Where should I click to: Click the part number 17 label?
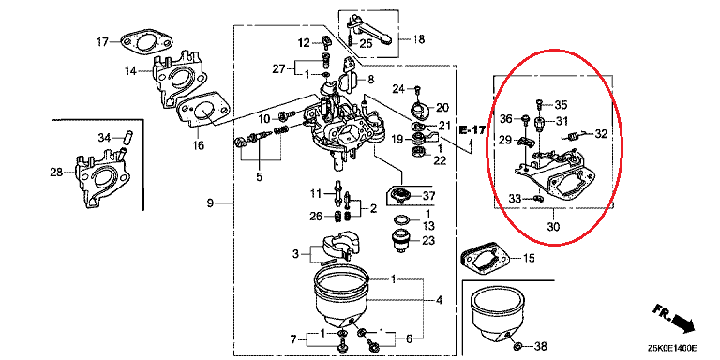tap(103, 40)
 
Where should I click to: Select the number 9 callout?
tap(209, 202)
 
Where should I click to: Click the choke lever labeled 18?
tap(366, 25)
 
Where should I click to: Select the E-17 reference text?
tap(475, 131)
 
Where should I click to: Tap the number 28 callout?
tap(56, 172)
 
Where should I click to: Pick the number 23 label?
tap(428, 241)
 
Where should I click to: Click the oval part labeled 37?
tap(401, 196)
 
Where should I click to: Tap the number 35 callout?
tap(561, 104)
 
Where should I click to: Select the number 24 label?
tap(397, 89)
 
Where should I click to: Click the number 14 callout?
tap(129, 71)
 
